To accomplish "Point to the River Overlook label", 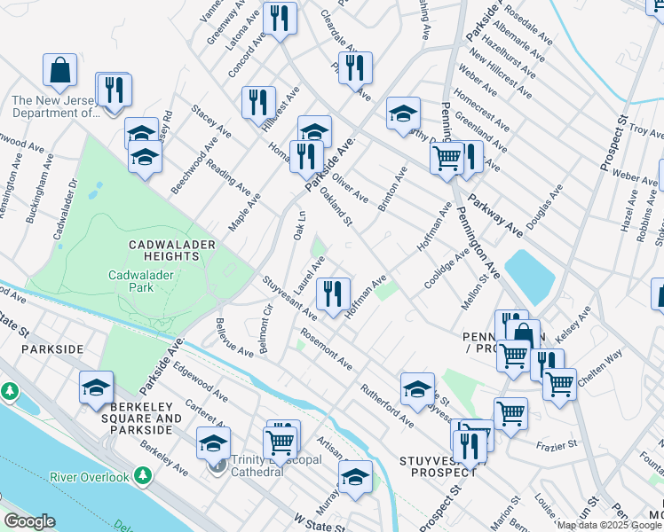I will coord(101,476).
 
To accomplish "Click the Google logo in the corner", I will coord(29,521).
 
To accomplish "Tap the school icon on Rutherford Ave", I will coord(417,389).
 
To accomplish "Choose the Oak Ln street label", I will coord(299,224).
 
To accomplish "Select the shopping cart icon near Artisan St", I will coord(280,440).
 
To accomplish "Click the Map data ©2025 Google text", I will coord(609,525).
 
